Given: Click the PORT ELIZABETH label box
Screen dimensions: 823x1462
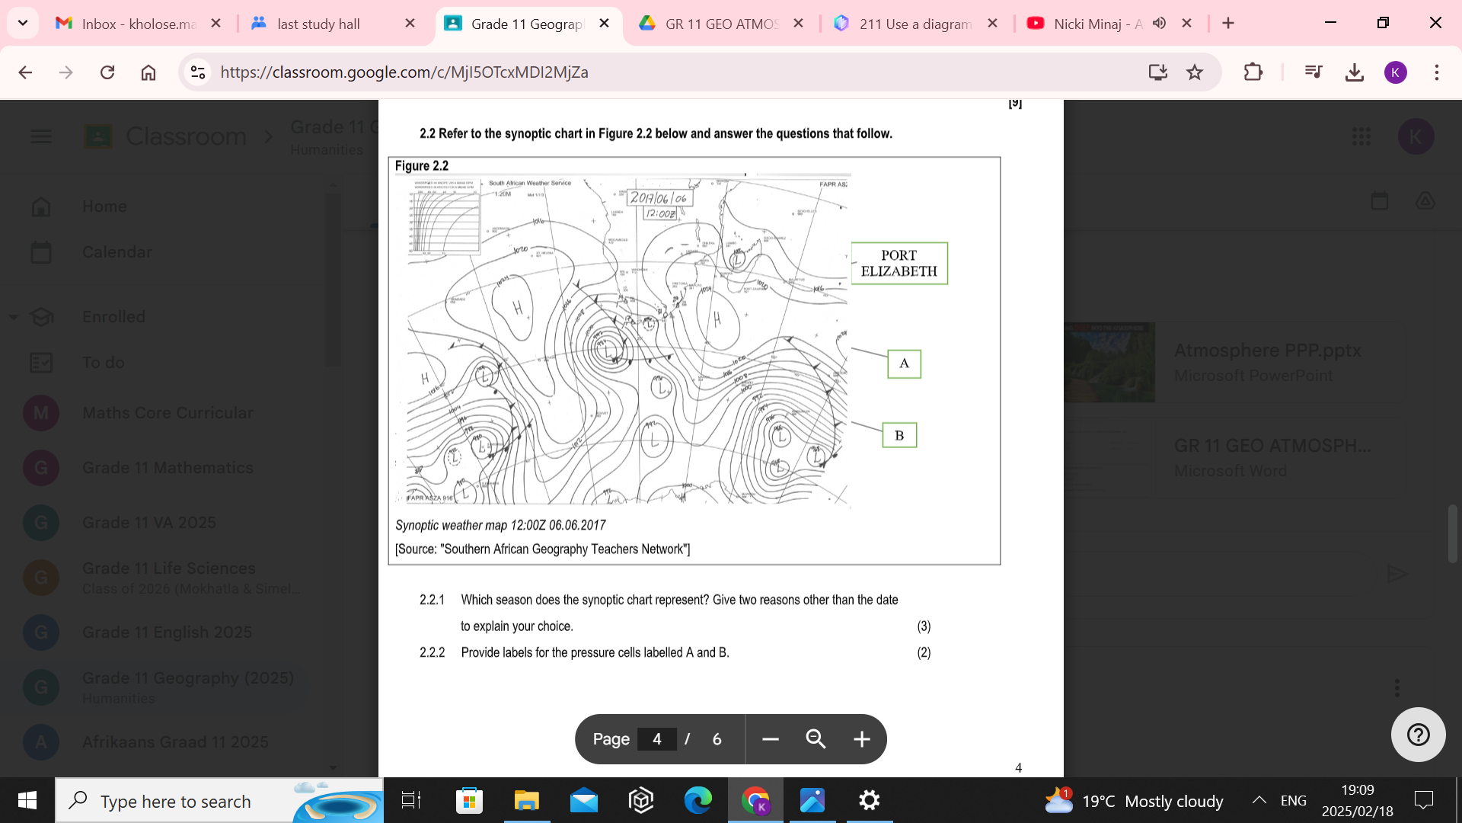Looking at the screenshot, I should pos(899,264).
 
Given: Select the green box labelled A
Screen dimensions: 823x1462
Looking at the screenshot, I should pos(904,363).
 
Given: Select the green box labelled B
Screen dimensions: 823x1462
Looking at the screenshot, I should pos(899,435).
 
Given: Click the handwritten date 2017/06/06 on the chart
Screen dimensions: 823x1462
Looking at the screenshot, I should pos(659,198).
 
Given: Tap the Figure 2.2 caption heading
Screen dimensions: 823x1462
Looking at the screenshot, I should pos(422,166).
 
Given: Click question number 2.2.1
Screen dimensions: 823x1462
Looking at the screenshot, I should pos(432,600).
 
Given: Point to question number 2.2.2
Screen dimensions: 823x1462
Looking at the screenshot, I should pos(432,652).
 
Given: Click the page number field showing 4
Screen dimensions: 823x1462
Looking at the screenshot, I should pos(656,739).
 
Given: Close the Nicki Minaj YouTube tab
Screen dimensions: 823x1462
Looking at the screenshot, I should pos(1186,24).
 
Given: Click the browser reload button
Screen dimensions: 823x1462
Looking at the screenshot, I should pos(107,72).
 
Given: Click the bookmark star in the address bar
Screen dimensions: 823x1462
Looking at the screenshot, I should pos(1195,72).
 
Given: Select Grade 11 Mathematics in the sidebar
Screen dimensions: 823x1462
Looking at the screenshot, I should pos(168,468).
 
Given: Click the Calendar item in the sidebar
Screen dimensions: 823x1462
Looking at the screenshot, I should pos(117,252).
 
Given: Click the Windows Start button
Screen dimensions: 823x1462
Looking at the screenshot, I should pos(27,800).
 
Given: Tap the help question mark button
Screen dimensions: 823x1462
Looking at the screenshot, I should pos(1418,735).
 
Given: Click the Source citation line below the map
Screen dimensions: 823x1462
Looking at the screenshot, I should pos(542,549).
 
